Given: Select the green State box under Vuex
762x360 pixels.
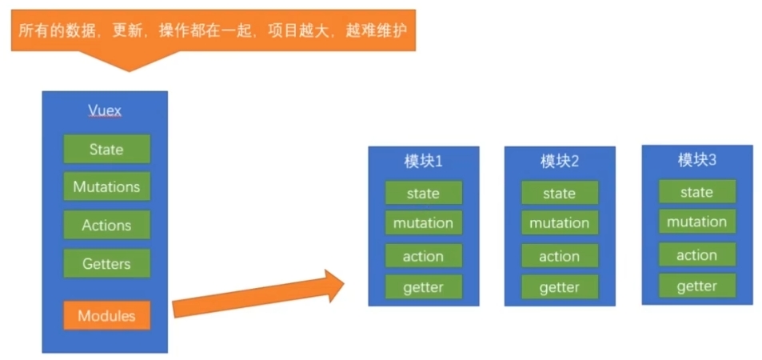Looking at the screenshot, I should pyautogui.click(x=106, y=150).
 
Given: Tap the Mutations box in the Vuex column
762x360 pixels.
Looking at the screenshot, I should pyautogui.click(x=106, y=187).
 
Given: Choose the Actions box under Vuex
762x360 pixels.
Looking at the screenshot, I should pyautogui.click(x=106, y=226).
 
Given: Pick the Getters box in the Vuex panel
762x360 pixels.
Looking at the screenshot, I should pyautogui.click(x=106, y=263).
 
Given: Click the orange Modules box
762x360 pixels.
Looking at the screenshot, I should pyautogui.click(x=106, y=316).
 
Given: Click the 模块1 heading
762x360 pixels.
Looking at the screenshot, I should pyautogui.click(x=423, y=162).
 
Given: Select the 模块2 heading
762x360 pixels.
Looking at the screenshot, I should pyautogui.click(x=560, y=162).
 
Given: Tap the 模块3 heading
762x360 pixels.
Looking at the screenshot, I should pyautogui.click(x=697, y=160).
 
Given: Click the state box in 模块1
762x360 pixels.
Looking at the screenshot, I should pyautogui.click(x=423, y=193).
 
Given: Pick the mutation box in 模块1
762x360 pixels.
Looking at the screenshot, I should pyautogui.click(x=423, y=223).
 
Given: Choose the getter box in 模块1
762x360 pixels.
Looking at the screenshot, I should pyautogui.click(x=423, y=286).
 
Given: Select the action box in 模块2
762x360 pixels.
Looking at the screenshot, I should pyautogui.click(x=560, y=256).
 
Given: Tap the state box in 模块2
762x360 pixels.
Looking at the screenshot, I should pyautogui.click(x=560, y=193).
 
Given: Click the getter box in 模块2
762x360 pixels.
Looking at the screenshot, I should pyautogui.click(x=560, y=286).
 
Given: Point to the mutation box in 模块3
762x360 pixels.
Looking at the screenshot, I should pyautogui.click(x=697, y=222).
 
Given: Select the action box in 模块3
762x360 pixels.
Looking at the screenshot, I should pyautogui.click(x=697, y=255).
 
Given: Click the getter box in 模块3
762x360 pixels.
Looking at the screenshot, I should pyautogui.click(x=697, y=286).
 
